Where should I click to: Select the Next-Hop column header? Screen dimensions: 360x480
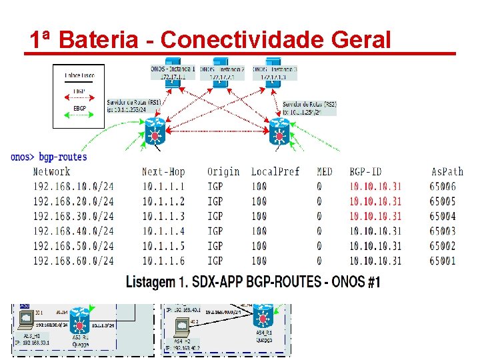pyautogui.click(x=163, y=172)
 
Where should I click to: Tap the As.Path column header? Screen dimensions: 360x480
pyautogui.click(x=447, y=172)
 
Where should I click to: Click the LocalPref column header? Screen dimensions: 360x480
pyautogui.click(x=275, y=172)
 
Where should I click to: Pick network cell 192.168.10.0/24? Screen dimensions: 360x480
pyautogui.click(x=73, y=187)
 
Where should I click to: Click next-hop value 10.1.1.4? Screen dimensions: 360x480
pyautogui.click(x=163, y=231)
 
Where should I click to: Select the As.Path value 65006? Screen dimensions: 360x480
pyautogui.click(x=443, y=187)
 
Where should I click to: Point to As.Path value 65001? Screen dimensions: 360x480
pyautogui.click(x=443, y=261)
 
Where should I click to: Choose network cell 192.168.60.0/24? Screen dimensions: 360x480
pyautogui.click(x=73, y=261)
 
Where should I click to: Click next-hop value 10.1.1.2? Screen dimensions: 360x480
pyautogui.click(x=163, y=201)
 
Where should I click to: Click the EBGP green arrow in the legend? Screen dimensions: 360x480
pyautogui.click(x=79, y=117)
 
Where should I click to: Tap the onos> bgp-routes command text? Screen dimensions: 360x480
pyautogui.click(x=49, y=157)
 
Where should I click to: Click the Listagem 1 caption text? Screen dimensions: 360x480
pyautogui.click(x=253, y=282)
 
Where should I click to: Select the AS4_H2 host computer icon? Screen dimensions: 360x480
pyautogui.click(x=181, y=327)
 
